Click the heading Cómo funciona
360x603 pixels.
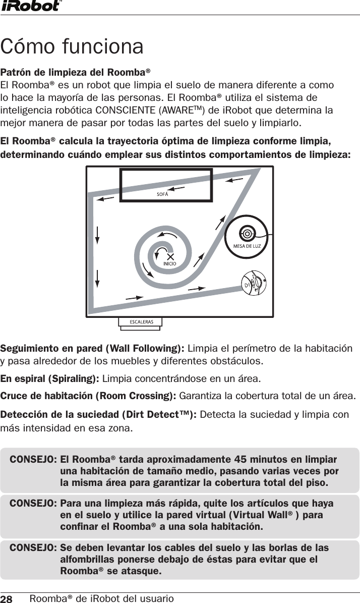(x=72, y=46)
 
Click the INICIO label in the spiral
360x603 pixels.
(x=169, y=263)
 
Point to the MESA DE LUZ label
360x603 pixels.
(x=247, y=246)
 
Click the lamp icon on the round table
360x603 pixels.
(x=247, y=233)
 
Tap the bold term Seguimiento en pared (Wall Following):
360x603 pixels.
(x=93, y=349)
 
